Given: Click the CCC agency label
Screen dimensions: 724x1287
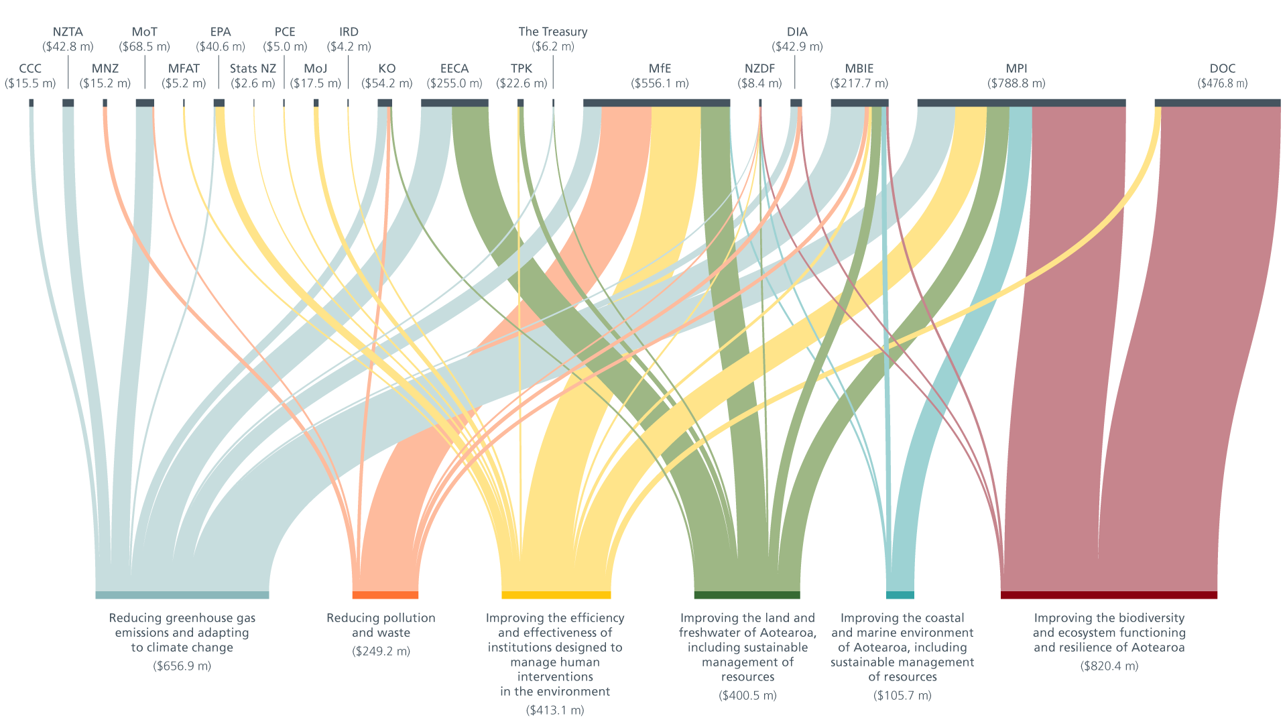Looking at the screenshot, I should pos(30,68).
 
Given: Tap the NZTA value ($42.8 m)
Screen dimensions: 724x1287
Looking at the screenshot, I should pos(68,47).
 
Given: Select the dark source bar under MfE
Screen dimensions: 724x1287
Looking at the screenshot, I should pos(656,103).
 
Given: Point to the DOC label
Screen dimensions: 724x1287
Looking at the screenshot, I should pos(1222,68).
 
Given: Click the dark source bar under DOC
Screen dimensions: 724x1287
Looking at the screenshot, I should pos(1217,103).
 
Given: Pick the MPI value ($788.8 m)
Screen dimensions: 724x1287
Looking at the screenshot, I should pos(1016,84).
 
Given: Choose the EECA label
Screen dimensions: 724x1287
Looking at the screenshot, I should pos(454,68).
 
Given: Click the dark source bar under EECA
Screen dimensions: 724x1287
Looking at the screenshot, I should pos(454,103).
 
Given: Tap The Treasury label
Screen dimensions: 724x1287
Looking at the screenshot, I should pos(553,32).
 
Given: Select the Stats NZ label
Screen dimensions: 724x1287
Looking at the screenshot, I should pos(253,68).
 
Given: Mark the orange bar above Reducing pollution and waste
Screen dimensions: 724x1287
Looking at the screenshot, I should pos(385,595).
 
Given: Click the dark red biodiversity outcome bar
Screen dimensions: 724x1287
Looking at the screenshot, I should pos(1109,595).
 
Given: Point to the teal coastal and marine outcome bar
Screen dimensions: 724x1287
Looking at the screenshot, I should pos(900,595).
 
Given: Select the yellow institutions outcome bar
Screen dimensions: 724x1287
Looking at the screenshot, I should pos(556,595).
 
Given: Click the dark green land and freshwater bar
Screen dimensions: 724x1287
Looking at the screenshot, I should pos(747,595).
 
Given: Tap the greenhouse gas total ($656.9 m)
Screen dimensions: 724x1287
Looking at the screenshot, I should pos(182,666).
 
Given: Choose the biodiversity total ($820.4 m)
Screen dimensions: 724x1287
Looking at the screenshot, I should pos(1109,666).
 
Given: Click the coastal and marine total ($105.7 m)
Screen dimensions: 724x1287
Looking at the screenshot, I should pos(902,696).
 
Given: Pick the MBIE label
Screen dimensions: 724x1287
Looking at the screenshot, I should pos(859,68).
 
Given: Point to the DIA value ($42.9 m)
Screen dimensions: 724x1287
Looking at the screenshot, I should pos(797,47).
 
